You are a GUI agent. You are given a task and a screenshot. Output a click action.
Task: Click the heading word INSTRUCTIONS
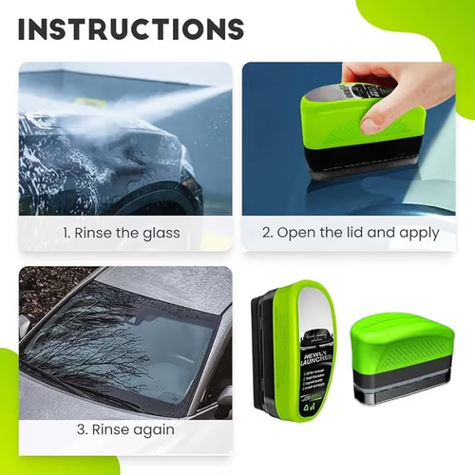(x=130, y=28)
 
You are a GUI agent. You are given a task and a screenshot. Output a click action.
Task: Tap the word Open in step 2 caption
(x=302, y=233)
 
